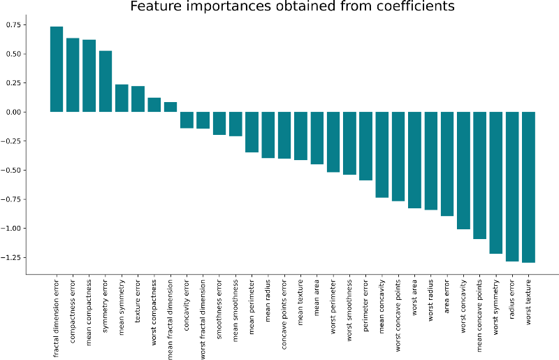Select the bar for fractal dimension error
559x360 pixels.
pyautogui.click(x=57, y=69)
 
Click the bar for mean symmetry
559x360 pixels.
pyautogui.click(x=122, y=98)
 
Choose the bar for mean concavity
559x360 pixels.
pyautogui.click(x=382, y=154)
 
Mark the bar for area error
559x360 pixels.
pyautogui.click(x=447, y=164)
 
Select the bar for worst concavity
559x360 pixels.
pyautogui.click(x=463, y=171)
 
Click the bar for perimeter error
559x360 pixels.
pyautogui.click(x=365, y=146)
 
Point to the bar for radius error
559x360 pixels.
pyautogui.click(x=512, y=186)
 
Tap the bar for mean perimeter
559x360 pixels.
pyautogui.click(x=252, y=132)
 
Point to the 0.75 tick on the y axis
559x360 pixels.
pyautogui.click(x=13, y=24)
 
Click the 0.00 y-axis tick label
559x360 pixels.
pyautogui.click(x=13, y=112)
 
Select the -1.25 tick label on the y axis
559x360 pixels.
pyautogui.click(x=12, y=257)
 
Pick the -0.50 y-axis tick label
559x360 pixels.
pyautogui.click(x=12, y=170)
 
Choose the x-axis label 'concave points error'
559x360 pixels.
pyautogui.click(x=284, y=315)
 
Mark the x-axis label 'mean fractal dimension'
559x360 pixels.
pyautogui.click(x=170, y=319)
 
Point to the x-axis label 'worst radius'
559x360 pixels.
pyautogui.click(x=431, y=301)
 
